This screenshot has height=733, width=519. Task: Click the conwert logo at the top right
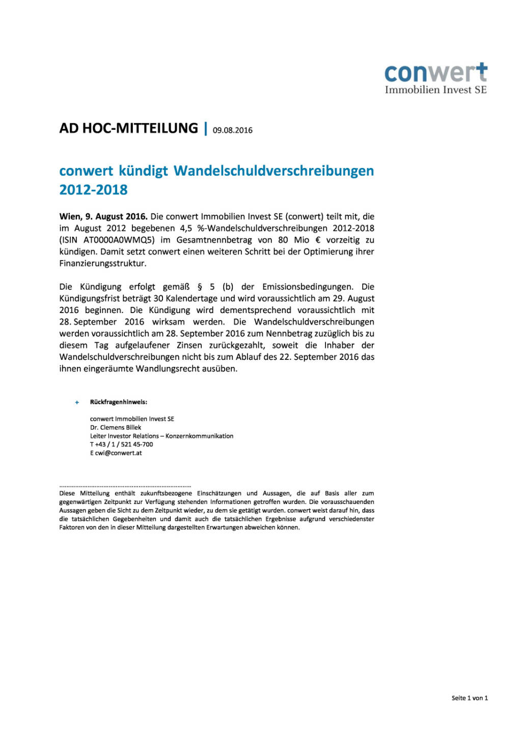point(435,79)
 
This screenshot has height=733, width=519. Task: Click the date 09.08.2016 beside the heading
point(232,130)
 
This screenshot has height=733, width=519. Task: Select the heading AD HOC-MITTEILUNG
point(128,128)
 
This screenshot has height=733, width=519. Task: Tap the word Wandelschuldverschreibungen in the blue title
point(274,171)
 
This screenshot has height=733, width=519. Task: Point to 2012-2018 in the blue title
point(93,190)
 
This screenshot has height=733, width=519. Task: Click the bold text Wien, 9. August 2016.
point(103,216)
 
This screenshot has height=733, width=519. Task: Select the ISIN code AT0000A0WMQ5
point(119,240)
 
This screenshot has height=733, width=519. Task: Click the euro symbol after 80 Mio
point(318,240)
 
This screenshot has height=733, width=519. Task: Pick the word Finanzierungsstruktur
point(103,263)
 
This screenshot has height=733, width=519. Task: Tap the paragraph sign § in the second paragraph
point(200,287)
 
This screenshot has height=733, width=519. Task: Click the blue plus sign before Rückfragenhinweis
point(77,402)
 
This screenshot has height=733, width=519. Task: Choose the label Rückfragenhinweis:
point(118,402)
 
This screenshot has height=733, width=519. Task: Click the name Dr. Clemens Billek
point(116,428)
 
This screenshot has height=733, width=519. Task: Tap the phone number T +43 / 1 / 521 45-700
point(121,444)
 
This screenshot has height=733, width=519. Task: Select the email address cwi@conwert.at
point(118,453)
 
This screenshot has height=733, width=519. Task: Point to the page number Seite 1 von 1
point(469,698)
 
